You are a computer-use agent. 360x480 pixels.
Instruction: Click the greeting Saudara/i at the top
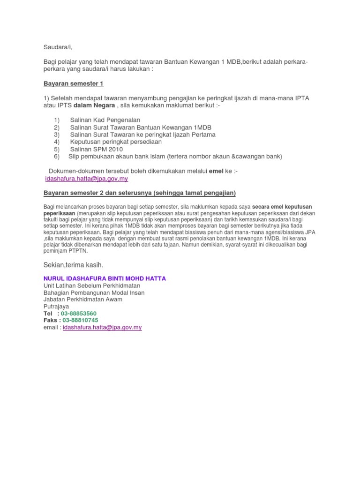coord(58,47)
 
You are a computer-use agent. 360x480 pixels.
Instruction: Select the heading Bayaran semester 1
coord(73,83)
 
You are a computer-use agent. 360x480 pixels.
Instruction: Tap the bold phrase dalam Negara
coord(94,105)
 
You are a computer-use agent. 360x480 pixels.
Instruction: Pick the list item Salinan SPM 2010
coord(96,149)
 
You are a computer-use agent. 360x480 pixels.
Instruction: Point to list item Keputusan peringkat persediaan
coord(116,142)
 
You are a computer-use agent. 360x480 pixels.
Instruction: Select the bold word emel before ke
coord(216,171)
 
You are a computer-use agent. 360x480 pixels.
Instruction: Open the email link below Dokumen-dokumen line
coord(86,179)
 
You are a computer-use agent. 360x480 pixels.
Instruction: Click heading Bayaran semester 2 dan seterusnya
coord(140,193)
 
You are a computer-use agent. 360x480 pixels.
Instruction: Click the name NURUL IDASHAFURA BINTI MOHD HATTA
coord(104,278)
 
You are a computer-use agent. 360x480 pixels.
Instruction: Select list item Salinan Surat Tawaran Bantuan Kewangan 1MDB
coord(141,127)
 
